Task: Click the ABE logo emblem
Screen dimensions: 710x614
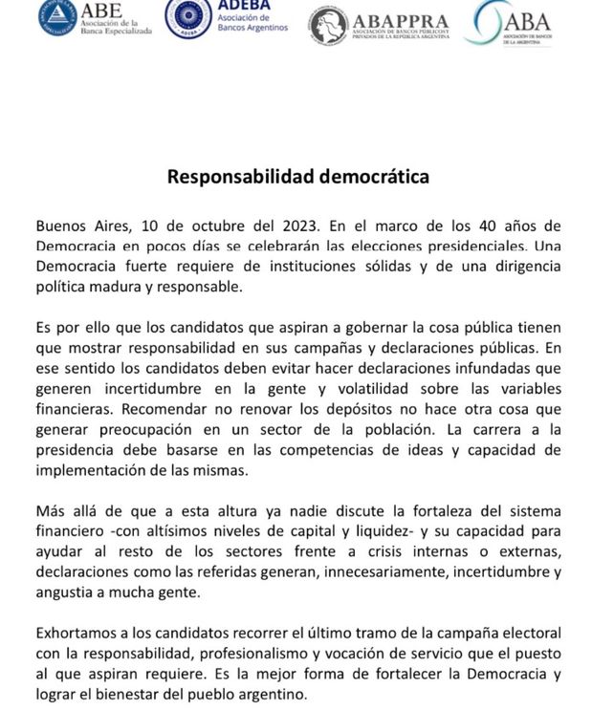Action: tap(58, 17)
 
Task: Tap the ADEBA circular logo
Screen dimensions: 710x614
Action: tap(188, 16)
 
